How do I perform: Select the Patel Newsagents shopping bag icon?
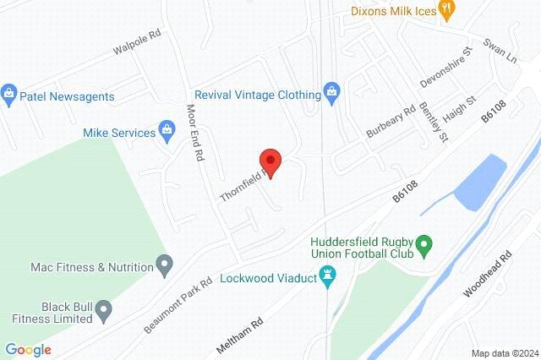[x=9, y=91]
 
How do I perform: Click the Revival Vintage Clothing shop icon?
[x=332, y=94]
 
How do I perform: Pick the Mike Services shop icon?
[x=166, y=132]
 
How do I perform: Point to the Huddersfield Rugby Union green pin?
[x=427, y=247]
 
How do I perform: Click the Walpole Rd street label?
[x=137, y=45]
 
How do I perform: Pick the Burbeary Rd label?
[x=391, y=123]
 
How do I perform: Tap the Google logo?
[x=28, y=349]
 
